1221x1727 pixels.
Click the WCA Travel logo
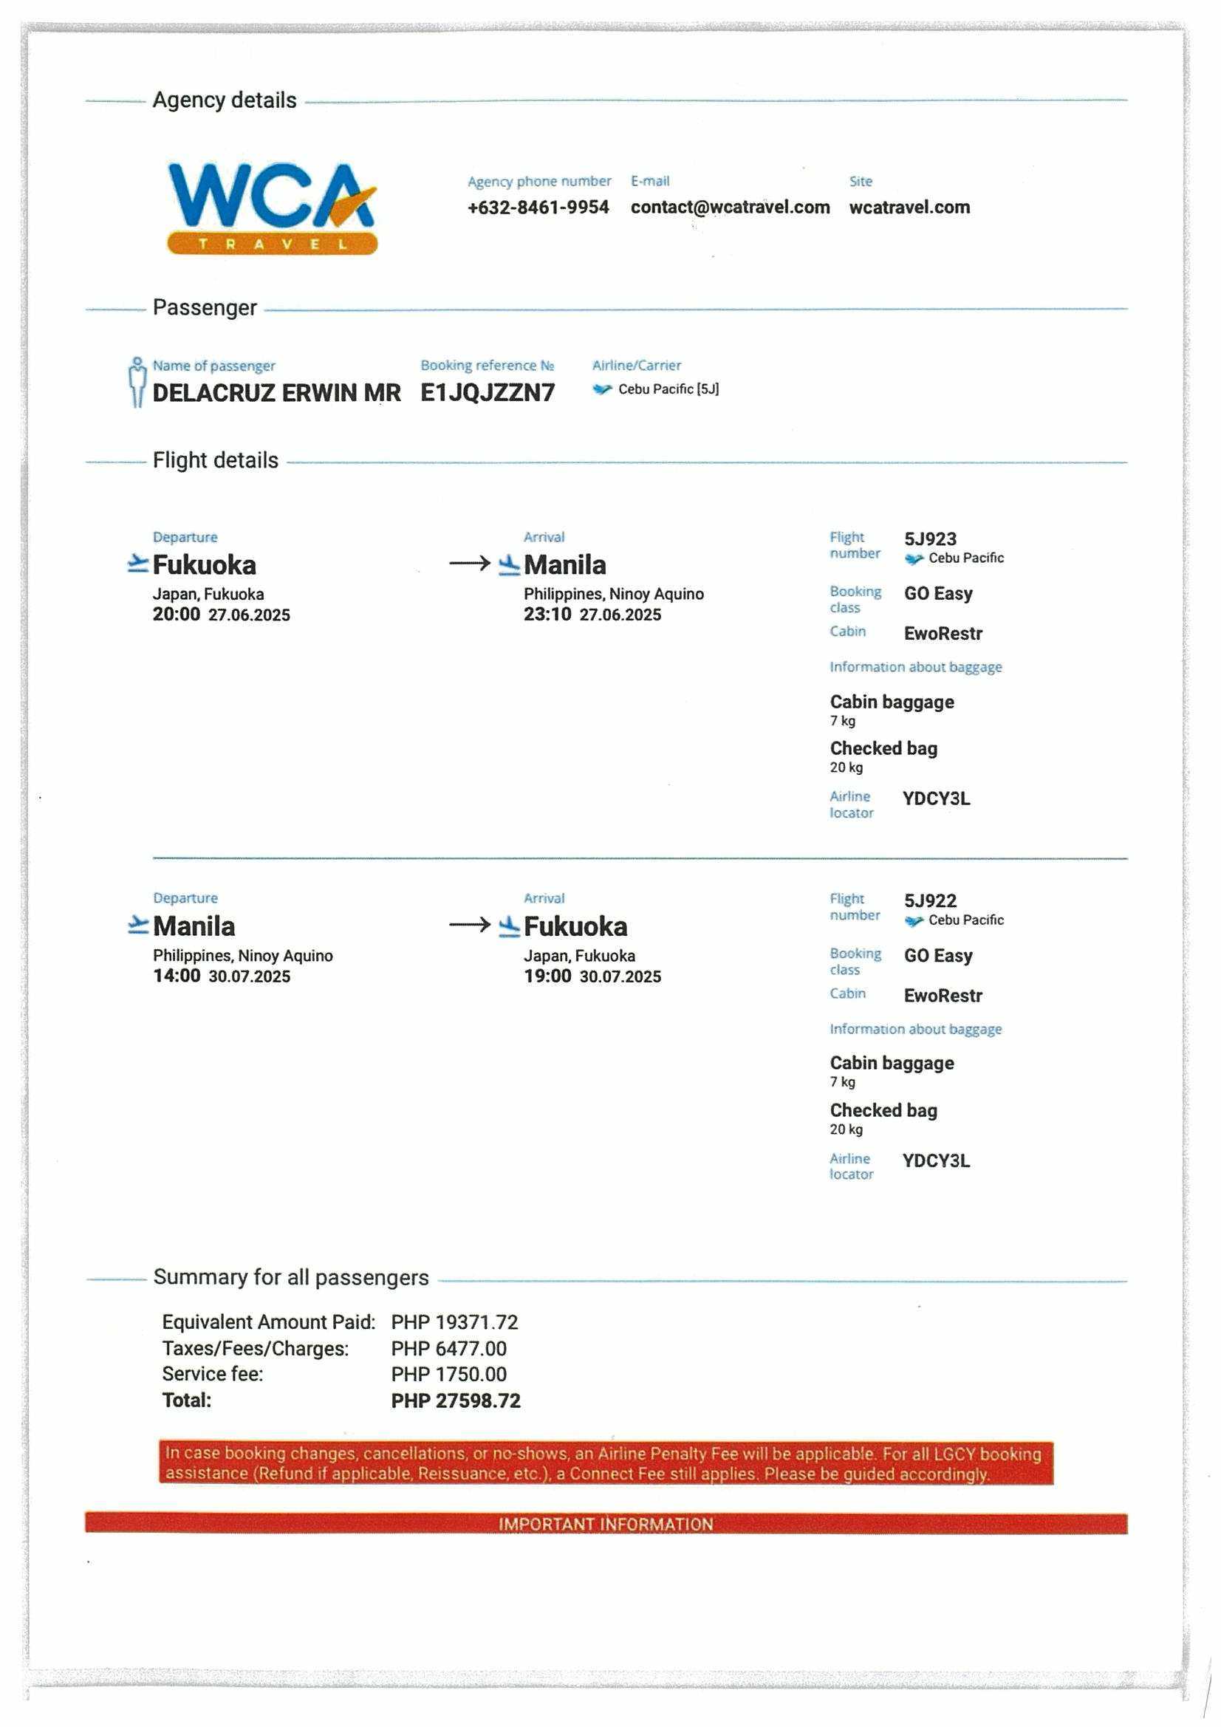[x=272, y=208]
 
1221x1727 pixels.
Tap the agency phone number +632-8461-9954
[x=538, y=207]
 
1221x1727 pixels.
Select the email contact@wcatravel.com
[x=730, y=207]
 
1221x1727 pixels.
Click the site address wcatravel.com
[x=909, y=207]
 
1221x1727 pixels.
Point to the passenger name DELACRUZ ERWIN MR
[x=276, y=393]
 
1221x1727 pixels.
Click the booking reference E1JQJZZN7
[x=488, y=393]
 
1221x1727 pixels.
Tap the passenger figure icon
[x=136, y=382]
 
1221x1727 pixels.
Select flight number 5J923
[x=930, y=538]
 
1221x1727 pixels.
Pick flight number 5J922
[x=930, y=900]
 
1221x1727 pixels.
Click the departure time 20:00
[x=176, y=614]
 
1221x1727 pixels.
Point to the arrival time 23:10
[x=547, y=614]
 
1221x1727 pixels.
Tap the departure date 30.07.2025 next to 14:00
[x=249, y=977]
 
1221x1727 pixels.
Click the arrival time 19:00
[x=547, y=976]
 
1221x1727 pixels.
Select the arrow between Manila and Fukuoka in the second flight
[x=470, y=924]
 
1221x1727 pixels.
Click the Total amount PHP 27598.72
[x=455, y=1401]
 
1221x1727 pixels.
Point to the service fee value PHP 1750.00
[x=448, y=1374]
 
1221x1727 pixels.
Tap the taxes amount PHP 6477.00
[x=448, y=1349]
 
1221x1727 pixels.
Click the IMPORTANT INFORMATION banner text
[x=606, y=1524]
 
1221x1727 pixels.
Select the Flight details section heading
[x=215, y=460]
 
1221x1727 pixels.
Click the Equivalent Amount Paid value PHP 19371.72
[x=454, y=1322]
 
